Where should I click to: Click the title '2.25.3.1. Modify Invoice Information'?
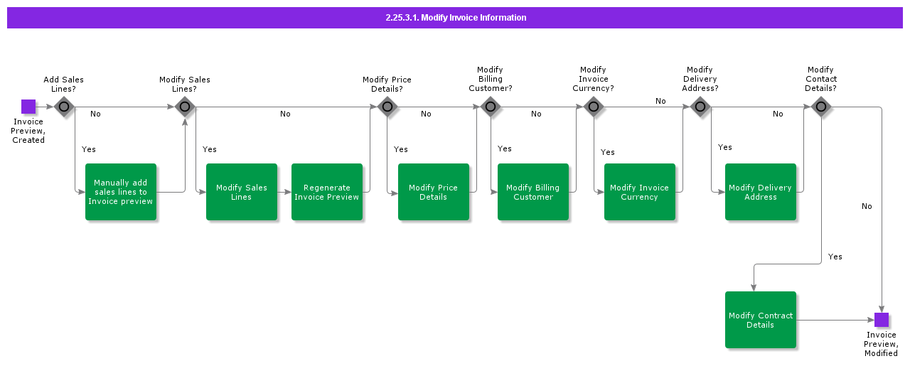455,18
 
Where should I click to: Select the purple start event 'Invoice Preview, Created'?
28,107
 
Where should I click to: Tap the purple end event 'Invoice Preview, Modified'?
882,320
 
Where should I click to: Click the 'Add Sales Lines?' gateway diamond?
64,107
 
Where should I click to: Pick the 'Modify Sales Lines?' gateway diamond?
185,107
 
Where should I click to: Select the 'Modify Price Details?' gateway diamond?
387,107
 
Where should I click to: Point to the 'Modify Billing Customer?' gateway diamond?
491,107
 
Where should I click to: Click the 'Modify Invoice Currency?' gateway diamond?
594,107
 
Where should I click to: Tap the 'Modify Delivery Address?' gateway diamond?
700,107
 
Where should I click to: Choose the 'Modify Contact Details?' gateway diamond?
821,107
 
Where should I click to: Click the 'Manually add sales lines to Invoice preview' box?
121,192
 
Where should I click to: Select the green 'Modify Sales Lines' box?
242,192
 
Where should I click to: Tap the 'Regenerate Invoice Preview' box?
327,192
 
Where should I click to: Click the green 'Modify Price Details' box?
434,192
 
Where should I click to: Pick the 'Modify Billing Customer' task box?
533,192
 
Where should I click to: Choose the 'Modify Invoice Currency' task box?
640,192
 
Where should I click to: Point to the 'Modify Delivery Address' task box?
761,192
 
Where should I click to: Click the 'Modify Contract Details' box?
761,320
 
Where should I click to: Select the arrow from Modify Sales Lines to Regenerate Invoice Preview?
284,192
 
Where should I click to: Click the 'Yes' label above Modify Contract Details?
835,257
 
